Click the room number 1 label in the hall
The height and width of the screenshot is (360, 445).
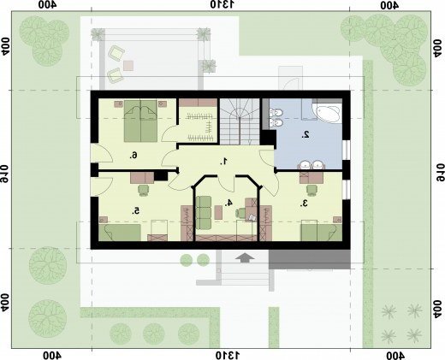tap(224, 162)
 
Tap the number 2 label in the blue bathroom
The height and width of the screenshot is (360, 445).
tap(306, 135)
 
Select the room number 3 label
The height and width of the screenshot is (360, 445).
tap(304, 204)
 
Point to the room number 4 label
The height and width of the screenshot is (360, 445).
tap(228, 203)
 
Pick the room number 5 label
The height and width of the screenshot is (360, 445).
tap(136, 211)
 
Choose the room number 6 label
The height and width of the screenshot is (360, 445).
tap(133, 156)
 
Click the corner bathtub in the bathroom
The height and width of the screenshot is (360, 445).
tap(327, 113)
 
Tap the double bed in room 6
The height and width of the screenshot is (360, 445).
tap(140, 121)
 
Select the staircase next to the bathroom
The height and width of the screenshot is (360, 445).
tap(240, 121)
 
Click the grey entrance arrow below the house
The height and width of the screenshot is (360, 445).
tap(245, 258)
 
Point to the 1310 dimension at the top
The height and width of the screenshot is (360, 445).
tap(222, 5)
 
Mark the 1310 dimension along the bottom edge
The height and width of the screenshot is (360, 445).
tap(228, 356)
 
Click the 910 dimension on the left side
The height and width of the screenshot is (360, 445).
tap(4, 173)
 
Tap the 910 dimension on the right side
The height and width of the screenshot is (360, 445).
tap(441, 172)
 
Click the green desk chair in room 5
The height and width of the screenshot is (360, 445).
tap(144, 190)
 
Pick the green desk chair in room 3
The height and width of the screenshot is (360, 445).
tap(311, 190)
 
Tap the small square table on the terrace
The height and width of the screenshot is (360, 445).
tap(128, 66)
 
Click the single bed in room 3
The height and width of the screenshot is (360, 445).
tap(322, 230)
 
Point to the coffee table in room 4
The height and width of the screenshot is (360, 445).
tap(218, 212)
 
